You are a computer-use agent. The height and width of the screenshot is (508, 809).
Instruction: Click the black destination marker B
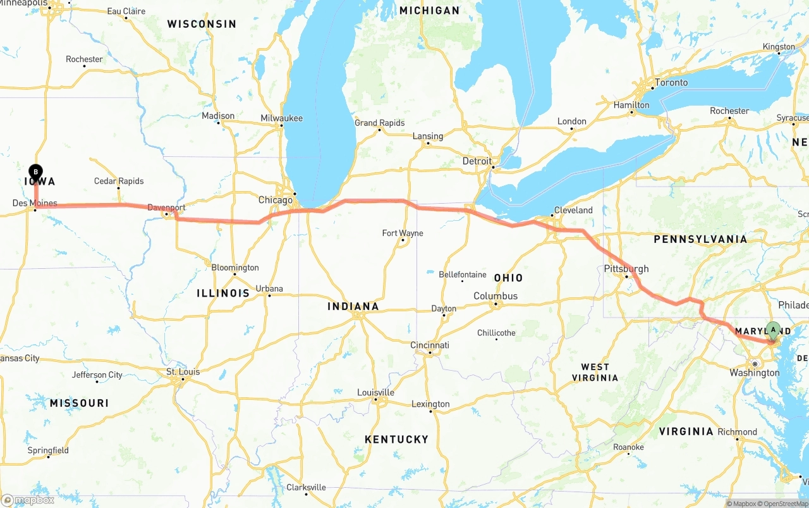(36, 171)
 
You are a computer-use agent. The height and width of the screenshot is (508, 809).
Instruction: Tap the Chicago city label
(275, 200)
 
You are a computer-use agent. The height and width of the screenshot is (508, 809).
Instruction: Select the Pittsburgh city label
(626, 268)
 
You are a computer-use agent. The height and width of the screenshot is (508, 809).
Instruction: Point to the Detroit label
(477, 161)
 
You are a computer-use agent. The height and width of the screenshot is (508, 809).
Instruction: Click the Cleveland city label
(573, 210)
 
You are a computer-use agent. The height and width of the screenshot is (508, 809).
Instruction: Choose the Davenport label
(166, 208)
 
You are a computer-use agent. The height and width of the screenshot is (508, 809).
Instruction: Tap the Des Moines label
(35, 203)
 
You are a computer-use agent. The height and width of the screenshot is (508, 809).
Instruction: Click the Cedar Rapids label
(119, 181)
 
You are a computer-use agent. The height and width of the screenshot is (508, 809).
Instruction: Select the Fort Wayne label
(403, 233)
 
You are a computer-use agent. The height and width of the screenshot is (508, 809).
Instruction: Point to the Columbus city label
(496, 296)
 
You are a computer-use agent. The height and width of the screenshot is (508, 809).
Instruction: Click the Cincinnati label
(430, 345)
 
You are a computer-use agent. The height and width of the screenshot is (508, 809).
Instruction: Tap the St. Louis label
(183, 371)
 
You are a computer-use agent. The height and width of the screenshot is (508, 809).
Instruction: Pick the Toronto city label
(671, 83)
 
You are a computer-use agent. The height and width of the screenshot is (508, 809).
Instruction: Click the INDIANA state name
(353, 306)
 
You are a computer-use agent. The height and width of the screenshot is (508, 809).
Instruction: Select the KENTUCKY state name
(396, 439)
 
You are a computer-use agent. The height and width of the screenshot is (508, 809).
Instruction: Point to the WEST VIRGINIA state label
(595, 372)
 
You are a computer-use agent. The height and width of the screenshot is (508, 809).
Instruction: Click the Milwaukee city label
(281, 118)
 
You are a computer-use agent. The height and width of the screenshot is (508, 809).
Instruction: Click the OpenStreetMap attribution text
(786, 504)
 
